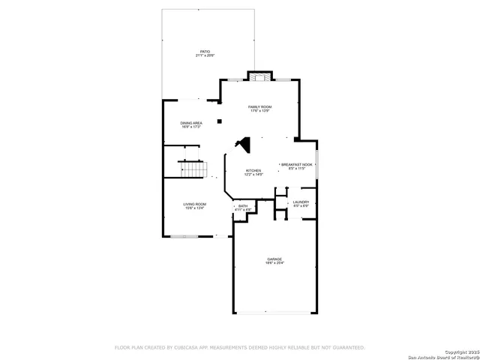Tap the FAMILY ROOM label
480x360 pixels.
pyautogui.click(x=260, y=107)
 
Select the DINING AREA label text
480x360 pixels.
pyautogui.click(x=191, y=123)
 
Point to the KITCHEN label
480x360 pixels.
pyautogui.click(x=253, y=171)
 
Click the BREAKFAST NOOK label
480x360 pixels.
pyautogui.click(x=296, y=164)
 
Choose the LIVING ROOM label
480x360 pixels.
pyautogui.click(x=195, y=204)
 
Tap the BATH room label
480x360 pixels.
pyautogui.click(x=242, y=205)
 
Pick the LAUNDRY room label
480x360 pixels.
pyautogui.click(x=301, y=202)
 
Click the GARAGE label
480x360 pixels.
pyautogui.click(x=274, y=259)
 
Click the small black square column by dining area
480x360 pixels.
pyautogui.click(x=219, y=121)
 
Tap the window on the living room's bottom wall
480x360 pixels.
pyautogui.click(x=184, y=236)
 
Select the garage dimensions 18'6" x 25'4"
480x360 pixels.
pyautogui.click(x=274, y=263)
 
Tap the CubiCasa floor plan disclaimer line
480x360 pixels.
pyautogui.click(x=239, y=347)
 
